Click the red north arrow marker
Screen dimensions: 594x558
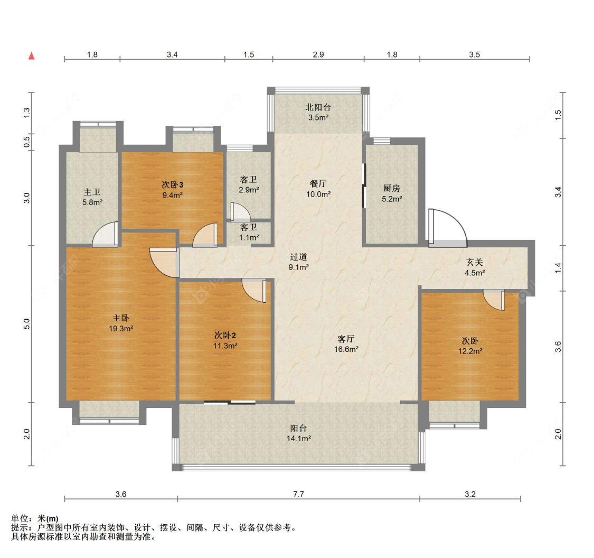tap(32, 55)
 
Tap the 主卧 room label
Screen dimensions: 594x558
tap(121, 318)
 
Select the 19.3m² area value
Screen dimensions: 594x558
tap(121, 329)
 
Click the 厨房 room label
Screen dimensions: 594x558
tap(392, 188)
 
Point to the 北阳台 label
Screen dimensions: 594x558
tap(318, 107)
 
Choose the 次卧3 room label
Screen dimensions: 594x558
tap(172, 184)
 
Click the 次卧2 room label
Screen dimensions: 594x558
tap(225, 335)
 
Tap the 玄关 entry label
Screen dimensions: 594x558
tap(475, 262)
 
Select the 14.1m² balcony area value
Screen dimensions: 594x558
tap(299, 439)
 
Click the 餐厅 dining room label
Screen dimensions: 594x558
tap(318, 183)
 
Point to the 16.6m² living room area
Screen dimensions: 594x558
tap(346, 349)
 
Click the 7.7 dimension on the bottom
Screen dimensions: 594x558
tap(298, 494)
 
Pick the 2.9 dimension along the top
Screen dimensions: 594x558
tap(318, 54)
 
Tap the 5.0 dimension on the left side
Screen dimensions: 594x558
tap(26, 324)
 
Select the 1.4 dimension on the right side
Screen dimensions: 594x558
tap(558, 268)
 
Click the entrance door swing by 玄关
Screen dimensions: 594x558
tap(447, 227)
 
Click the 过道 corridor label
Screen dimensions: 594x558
tap(298, 257)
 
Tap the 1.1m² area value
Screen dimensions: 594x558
tap(249, 238)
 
